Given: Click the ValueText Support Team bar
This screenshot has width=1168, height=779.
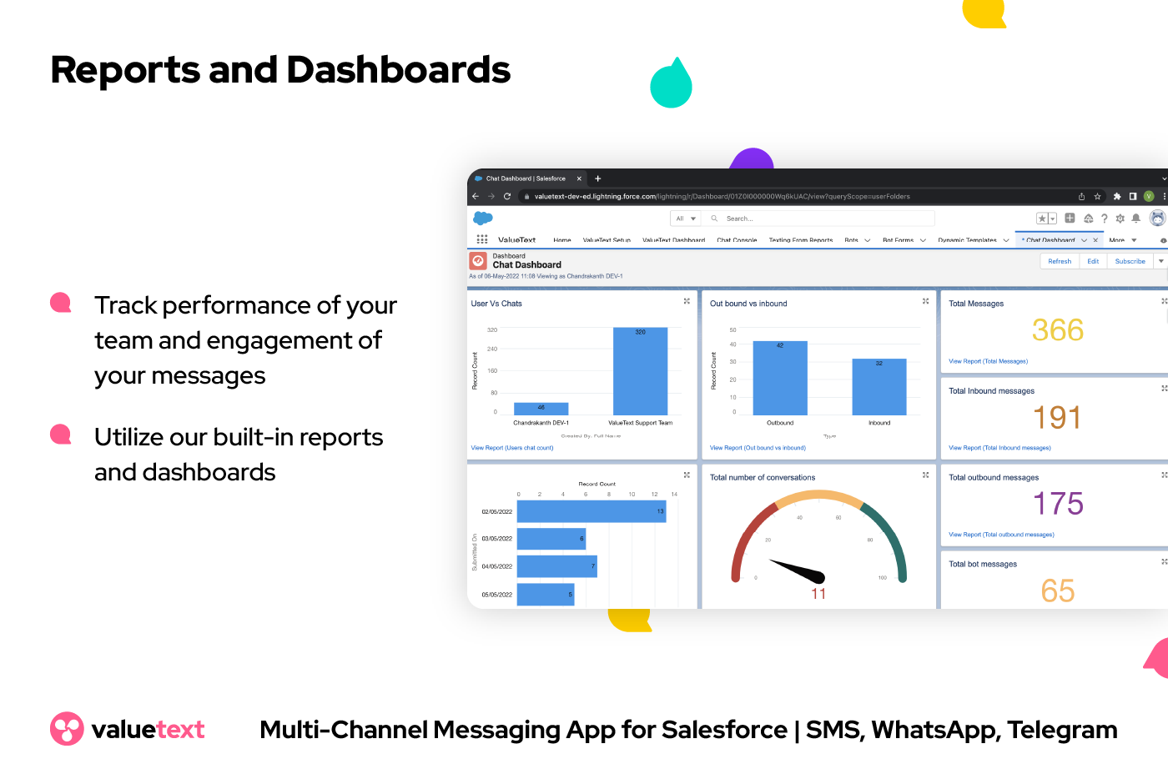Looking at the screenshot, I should (x=640, y=372).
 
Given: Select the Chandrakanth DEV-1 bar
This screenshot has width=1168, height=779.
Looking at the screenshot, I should (x=541, y=409).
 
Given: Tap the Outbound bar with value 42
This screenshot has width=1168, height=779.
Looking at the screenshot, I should (x=780, y=378).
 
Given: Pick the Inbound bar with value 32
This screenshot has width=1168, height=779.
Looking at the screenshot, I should (x=879, y=387).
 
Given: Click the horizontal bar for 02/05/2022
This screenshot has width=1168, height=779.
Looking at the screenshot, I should (x=591, y=511).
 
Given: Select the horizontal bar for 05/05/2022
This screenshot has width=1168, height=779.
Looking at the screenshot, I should (x=546, y=595).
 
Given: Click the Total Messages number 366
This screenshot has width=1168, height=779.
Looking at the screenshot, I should (x=1057, y=330).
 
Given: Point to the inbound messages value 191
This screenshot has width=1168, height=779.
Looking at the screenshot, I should (x=1057, y=417).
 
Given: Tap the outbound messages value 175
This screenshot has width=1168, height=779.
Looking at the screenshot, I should (x=1058, y=504).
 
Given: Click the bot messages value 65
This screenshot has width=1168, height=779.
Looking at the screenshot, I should (x=1057, y=591).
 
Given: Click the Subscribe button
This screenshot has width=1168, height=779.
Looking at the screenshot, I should (x=1130, y=261).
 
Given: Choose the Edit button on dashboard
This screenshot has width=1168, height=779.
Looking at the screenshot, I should (x=1093, y=261).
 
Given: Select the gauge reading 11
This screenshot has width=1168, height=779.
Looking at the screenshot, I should (x=818, y=594).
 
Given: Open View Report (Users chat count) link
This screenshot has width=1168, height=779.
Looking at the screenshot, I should (x=512, y=448).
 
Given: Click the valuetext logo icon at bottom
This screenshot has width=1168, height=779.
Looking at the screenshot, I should (x=67, y=729).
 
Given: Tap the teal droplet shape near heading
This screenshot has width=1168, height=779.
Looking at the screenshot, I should (x=672, y=85).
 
